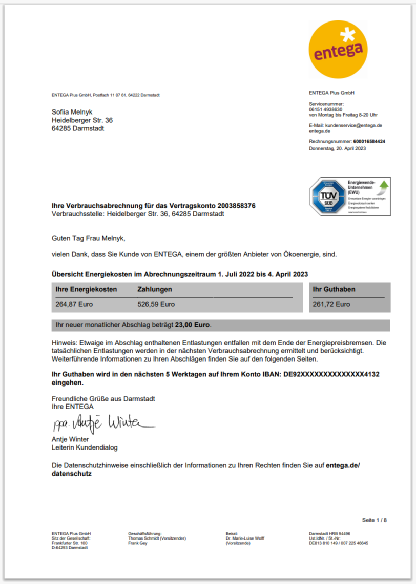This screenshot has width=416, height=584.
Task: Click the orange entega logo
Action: click(x=338, y=49)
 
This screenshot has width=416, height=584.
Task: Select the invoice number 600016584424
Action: click(x=369, y=141)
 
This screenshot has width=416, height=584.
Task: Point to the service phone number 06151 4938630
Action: click(x=325, y=109)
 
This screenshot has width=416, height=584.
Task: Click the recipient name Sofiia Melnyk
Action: click(x=72, y=112)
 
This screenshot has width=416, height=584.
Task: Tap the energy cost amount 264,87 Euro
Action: click(x=74, y=304)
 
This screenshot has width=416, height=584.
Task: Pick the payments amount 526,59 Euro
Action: click(x=156, y=304)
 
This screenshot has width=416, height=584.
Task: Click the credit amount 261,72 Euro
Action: click(x=331, y=304)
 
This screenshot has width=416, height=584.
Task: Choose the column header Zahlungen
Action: click(x=155, y=289)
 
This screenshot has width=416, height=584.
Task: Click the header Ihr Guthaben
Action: click(x=334, y=289)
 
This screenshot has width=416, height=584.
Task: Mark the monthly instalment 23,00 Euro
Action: click(x=193, y=325)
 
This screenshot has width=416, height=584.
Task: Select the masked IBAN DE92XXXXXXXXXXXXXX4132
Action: click(x=331, y=374)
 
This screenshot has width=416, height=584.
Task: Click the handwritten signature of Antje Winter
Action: click(x=102, y=423)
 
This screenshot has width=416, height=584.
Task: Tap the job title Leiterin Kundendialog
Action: click(x=85, y=447)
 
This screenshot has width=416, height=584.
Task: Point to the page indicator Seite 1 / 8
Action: click(x=375, y=520)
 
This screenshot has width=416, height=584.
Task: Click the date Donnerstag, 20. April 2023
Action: click(x=338, y=148)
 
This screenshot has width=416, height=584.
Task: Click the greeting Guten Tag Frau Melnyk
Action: click(x=88, y=238)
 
